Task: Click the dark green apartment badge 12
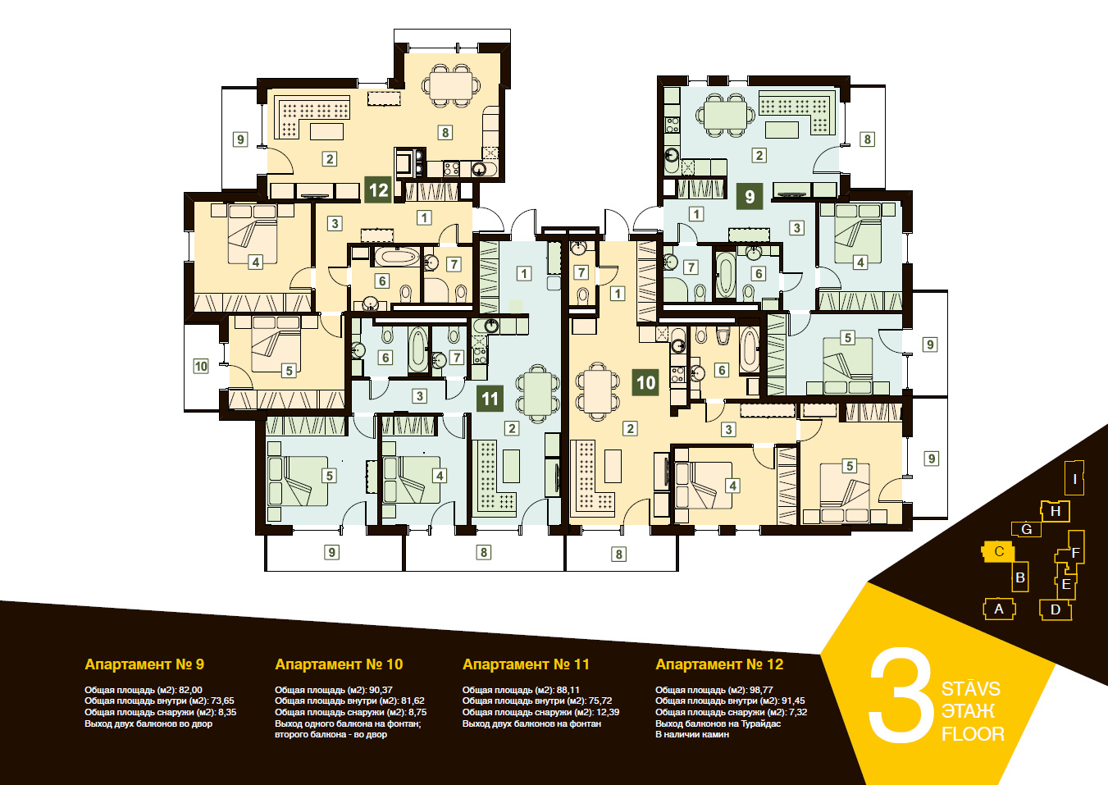click(x=378, y=190)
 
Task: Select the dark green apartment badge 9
click(x=750, y=196)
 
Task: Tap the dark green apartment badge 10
click(x=645, y=382)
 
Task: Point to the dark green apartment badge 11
click(x=490, y=399)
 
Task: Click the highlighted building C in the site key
click(x=998, y=551)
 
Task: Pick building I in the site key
click(x=1074, y=478)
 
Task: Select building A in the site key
click(x=999, y=609)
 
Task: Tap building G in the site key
click(x=1026, y=529)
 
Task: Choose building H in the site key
click(x=1055, y=511)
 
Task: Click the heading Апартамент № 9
click(x=144, y=664)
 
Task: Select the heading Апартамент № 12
click(x=719, y=664)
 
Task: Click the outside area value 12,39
click(x=607, y=712)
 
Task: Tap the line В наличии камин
click(x=692, y=734)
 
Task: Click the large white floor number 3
click(x=901, y=696)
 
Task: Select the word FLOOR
click(x=973, y=734)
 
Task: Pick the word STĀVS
click(x=970, y=689)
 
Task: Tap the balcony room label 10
click(x=201, y=367)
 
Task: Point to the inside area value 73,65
click(x=222, y=701)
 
